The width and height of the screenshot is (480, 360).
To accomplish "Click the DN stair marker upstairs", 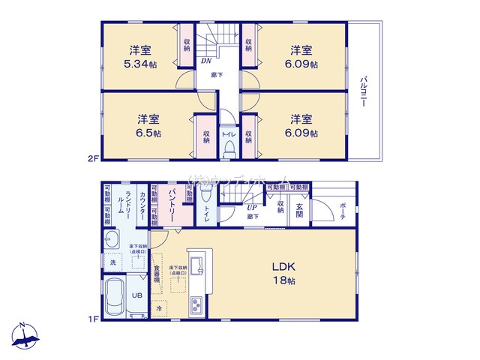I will click(x=205, y=62).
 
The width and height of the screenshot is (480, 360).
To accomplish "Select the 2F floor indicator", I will click(x=92, y=158).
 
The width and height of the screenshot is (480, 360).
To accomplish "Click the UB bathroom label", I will click(x=137, y=295).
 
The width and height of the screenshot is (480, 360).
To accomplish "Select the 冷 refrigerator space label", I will click(x=159, y=307).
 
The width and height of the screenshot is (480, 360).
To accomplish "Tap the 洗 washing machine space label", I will click(x=112, y=262).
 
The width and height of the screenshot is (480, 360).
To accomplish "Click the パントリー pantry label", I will click(x=172, y=202).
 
